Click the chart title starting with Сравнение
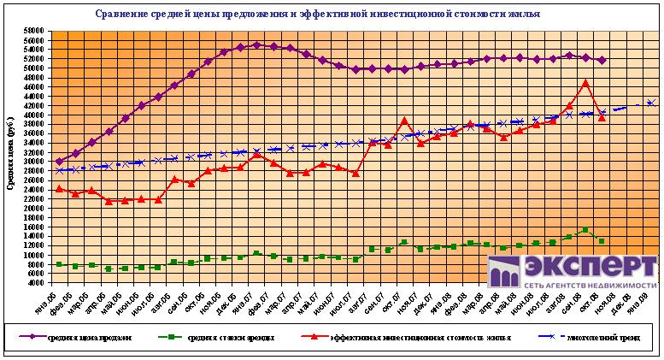click(329, 15)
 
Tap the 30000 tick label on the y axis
click(33, 162)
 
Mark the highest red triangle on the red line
click(585, 83)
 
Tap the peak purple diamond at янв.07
click(257, 45)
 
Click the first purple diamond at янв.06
click(59, 161)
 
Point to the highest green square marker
click(585, 229)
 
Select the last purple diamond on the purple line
click(602, 60)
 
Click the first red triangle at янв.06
click(59, 188)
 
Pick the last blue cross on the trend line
click(651, 103)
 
